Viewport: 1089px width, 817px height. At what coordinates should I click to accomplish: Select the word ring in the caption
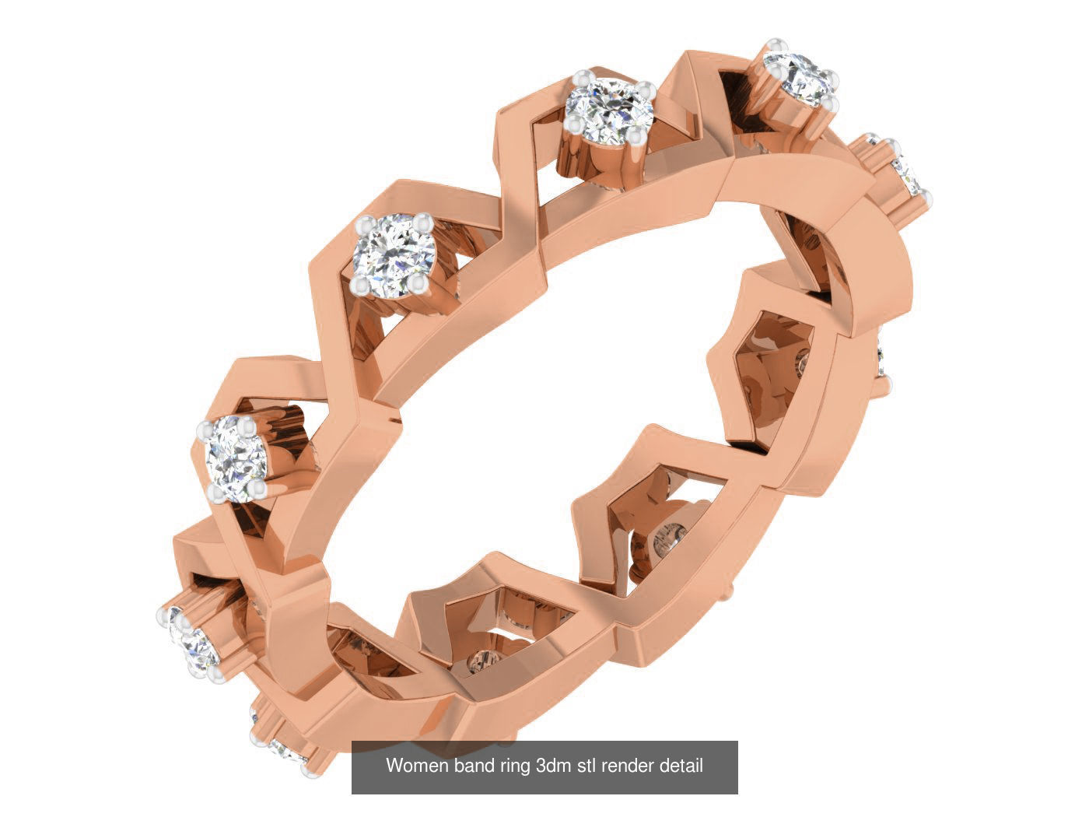[x=515, y=766]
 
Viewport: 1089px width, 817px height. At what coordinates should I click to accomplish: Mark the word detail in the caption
[x=681, y=766]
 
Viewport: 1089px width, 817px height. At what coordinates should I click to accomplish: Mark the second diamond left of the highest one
[x=390, y=251]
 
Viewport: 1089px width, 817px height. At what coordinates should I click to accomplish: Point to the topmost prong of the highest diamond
[x=772, y=44]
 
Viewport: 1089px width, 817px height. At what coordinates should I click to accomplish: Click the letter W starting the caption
[x=394, y=766]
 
